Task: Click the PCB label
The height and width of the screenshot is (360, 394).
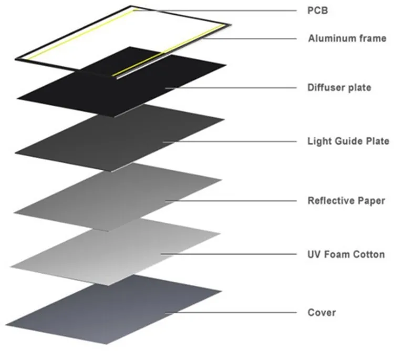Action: [x=317, y=11]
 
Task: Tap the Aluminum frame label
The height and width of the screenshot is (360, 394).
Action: [x=347, y=38]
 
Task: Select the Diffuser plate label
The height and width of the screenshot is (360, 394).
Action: [x=339, y=87]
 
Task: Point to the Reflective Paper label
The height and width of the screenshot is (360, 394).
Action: [x=346, y=201]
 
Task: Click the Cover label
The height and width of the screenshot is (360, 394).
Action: [x=321, y=313]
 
